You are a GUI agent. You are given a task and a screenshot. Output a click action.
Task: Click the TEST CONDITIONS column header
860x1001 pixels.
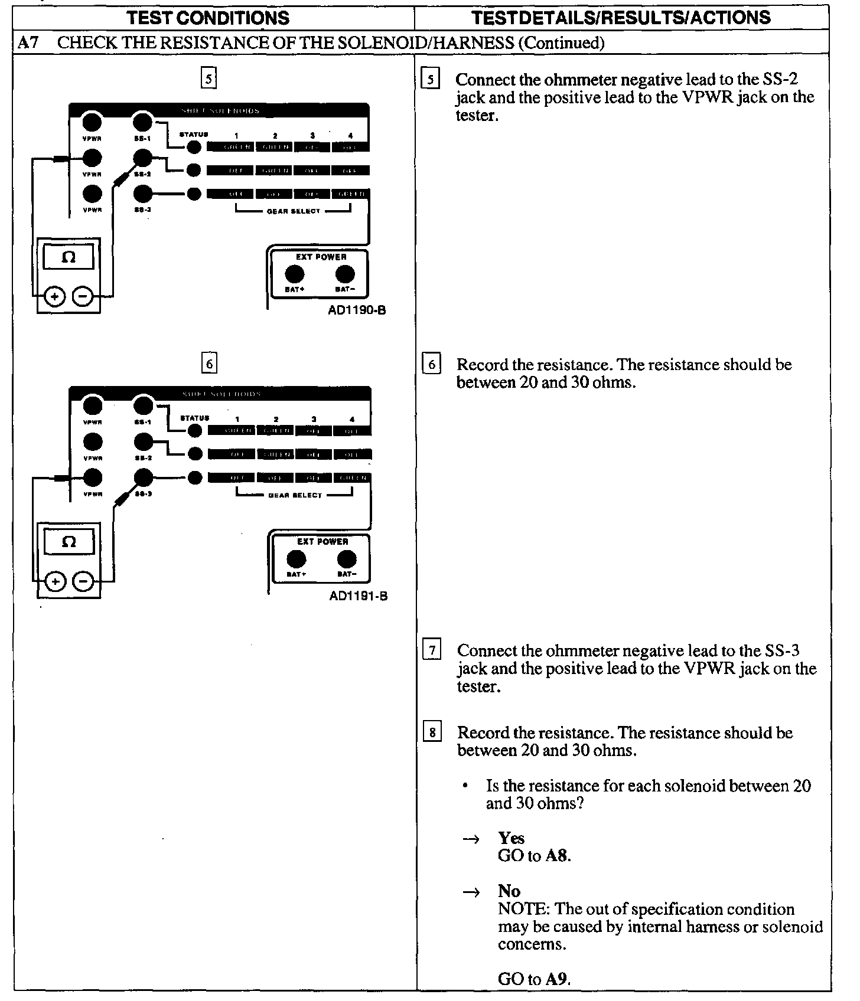tap(209, 18)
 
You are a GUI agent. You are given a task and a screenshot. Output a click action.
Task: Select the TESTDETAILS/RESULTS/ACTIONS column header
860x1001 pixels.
tap(621, 18)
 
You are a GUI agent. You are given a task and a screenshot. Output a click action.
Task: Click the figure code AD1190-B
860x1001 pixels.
tap(357, 310)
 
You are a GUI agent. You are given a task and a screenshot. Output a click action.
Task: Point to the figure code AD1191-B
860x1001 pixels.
tap(358, 596)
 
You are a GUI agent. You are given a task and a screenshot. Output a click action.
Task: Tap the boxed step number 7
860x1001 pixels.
tap(432, 650)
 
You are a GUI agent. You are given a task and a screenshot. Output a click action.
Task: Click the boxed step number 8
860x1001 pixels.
tap(432, 732)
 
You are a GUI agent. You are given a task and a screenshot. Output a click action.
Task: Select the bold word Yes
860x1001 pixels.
tap(511, 838)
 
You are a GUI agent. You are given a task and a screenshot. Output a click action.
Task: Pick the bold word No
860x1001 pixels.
tap(509, 891)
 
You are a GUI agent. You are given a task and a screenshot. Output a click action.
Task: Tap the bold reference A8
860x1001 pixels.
tap(557, 856)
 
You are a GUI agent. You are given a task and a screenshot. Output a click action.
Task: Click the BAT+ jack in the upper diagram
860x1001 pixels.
tap(295, 274)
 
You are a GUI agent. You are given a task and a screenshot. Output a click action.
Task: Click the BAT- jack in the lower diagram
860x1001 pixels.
tap(346, 559)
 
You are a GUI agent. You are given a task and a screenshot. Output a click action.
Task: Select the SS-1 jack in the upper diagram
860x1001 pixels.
tap(142, 122)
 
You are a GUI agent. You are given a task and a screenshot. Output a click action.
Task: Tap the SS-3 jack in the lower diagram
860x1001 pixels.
tap(143, 477)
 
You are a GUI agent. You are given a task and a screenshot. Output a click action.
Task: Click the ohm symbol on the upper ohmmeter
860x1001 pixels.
tap(69, 257)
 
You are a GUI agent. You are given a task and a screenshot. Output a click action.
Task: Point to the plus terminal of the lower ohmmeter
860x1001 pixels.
tap(55, 582)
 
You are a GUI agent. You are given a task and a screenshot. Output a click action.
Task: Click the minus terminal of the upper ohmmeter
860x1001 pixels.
tap(83, 297)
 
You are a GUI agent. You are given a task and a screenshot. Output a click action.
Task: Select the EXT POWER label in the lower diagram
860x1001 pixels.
tap(322, 541)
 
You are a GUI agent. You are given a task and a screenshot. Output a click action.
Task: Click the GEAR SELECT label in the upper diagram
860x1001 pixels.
tap(293, 211)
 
